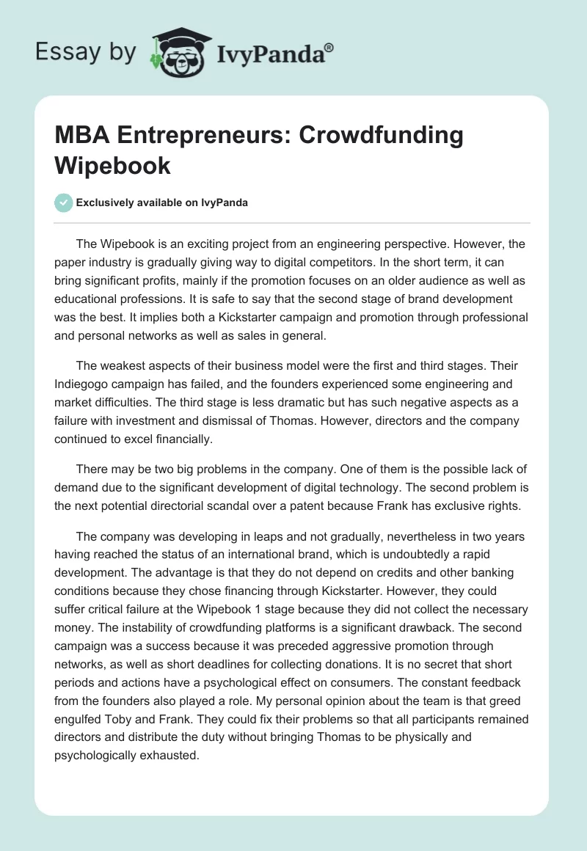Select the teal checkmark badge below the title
(65, 202)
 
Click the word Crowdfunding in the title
(381, 136)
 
